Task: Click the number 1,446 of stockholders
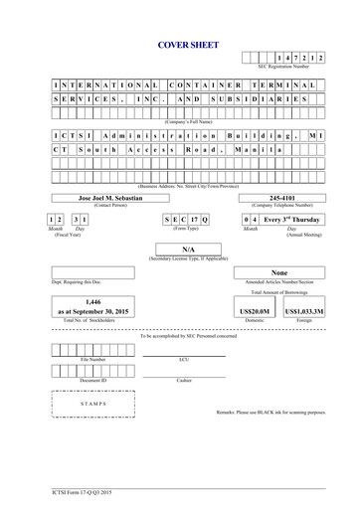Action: pos(93,301)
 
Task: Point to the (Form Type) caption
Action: pos(187,229)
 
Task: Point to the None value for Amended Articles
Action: pos(279,272)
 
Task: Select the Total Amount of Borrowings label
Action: pos(283,293)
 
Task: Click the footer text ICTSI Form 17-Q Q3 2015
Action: pos(84,491)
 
